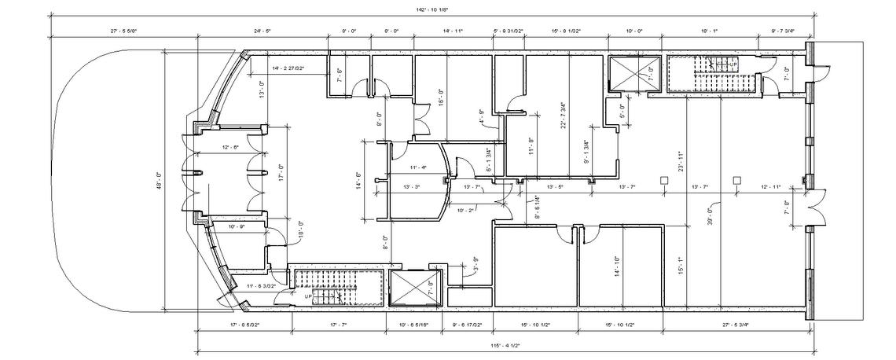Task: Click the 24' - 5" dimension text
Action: (x=263, y=31)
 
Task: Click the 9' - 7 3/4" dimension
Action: (x=783, y=31)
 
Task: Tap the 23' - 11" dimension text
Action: (x=680, y=160)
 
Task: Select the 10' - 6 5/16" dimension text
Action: (x=414, y=324)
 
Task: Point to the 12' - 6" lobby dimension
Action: (x=230, y=147)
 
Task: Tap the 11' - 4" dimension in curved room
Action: (x=418, y=167)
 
